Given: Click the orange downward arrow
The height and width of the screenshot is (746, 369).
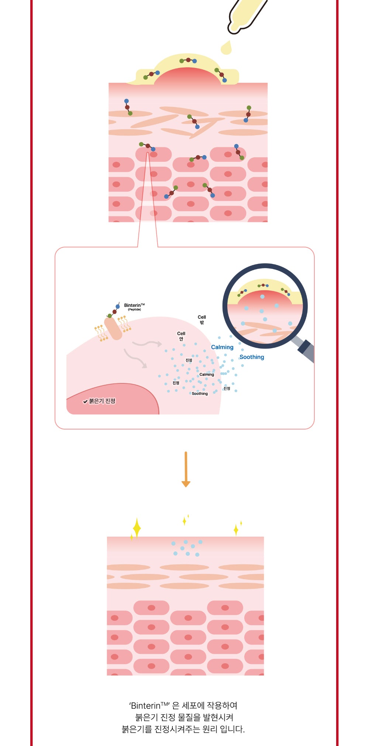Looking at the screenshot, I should click(186, 469).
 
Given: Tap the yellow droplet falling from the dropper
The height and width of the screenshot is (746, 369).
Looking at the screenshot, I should click(226, 48).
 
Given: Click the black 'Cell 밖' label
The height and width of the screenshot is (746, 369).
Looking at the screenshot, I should click(202, 320).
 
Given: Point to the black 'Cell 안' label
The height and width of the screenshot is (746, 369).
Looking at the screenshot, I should click(181, 336).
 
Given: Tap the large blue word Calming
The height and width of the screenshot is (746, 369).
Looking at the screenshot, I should click(222, 347).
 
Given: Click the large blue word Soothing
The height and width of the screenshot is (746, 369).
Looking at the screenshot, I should click(252, 357).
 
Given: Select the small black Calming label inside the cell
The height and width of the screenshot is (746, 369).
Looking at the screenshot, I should click(207, 374).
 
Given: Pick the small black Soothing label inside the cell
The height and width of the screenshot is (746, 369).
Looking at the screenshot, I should click(200, 394).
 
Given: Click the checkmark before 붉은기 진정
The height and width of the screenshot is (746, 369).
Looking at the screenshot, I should click(85, 401).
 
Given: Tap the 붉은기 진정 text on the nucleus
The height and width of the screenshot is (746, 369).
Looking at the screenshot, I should click(102, 401).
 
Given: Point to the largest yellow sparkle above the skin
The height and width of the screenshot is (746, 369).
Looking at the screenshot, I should click(137, 527).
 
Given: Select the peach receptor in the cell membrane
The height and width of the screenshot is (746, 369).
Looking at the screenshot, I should click(113, 328).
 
